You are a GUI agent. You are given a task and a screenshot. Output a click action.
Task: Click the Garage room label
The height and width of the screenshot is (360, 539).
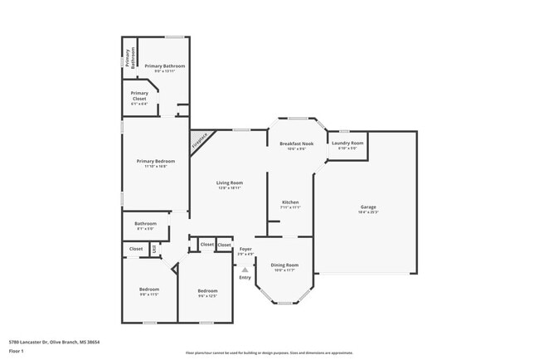[367, 207]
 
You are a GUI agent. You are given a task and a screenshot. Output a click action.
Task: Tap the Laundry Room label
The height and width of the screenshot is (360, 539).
[347, 144]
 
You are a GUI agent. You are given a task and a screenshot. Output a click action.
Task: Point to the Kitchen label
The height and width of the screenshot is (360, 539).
[290, 202]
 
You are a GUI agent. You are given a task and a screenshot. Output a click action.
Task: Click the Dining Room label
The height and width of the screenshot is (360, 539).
[284, 265]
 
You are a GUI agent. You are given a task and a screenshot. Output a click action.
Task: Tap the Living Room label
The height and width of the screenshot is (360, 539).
[230, 182]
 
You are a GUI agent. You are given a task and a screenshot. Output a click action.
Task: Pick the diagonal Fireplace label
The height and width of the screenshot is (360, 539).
[200, 142]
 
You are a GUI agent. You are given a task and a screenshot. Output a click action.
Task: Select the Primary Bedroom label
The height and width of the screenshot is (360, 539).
[156, 161]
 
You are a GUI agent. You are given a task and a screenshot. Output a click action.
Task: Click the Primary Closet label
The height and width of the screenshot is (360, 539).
[139, 95]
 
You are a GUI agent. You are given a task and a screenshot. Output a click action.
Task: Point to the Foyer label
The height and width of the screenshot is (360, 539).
[245, 248]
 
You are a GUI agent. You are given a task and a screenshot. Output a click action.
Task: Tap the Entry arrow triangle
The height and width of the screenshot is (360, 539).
[245, 269]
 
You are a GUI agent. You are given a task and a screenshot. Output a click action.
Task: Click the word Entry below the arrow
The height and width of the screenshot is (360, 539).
[245, 277]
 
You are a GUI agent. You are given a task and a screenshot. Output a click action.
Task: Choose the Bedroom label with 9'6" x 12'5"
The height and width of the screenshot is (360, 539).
[207, 290]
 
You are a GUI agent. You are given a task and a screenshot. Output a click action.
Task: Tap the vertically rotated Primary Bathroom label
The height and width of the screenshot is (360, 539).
[129, 57]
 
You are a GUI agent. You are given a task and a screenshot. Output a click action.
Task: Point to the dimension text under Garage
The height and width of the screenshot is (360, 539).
[367, 213]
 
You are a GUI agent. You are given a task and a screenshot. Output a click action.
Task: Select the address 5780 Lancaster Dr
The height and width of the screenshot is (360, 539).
[28, 341]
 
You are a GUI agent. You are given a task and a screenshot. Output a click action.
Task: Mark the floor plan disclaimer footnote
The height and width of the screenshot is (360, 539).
[269, 353]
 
